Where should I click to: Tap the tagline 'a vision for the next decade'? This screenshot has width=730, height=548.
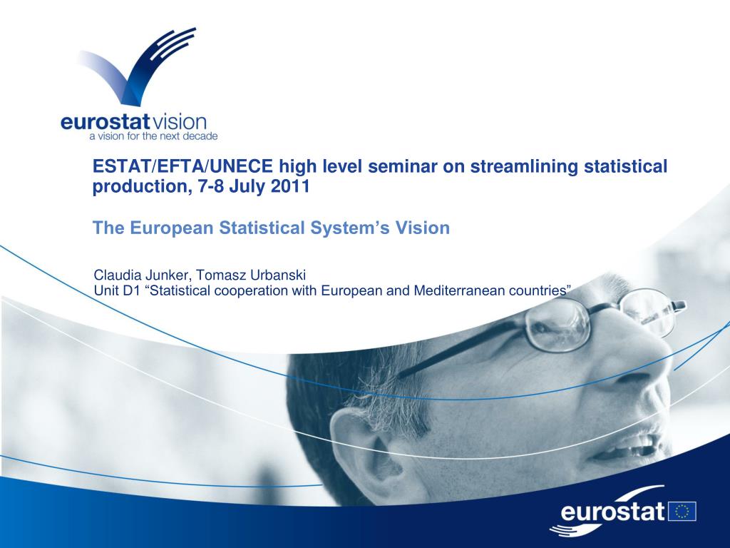tap(154, 136)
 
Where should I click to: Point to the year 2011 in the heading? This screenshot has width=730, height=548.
tap(290, 186)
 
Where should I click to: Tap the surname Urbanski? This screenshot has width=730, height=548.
tap(277, 275)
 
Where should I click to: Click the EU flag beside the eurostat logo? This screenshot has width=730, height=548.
tap(682, 511)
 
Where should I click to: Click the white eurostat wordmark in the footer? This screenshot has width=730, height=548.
tap(613, 511)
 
